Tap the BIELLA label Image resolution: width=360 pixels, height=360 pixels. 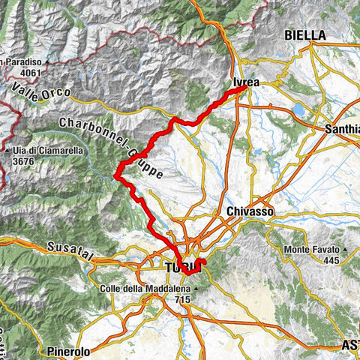[304, 35]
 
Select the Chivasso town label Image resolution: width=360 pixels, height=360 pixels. [250, 212]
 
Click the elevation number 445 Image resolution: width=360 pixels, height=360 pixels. [331, 259]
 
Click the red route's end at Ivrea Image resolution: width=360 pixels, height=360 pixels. [245, 88]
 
